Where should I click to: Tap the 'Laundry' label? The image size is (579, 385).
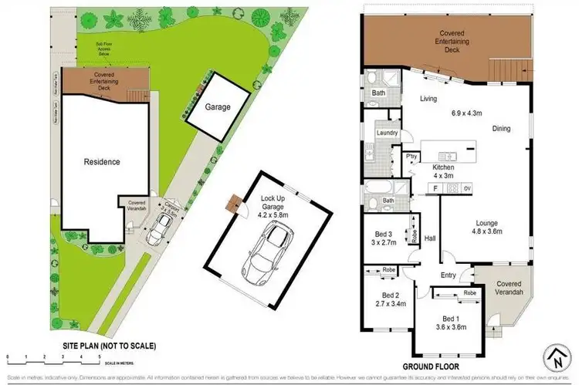pos(387,133)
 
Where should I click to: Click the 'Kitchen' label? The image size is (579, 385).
pos(444,167)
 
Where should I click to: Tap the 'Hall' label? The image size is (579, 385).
pos(430,238)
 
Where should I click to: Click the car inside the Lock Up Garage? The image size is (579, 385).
pos(265,252)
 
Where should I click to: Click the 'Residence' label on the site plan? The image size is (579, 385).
pos(101,162)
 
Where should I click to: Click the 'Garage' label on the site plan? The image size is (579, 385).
pos(218,107)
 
